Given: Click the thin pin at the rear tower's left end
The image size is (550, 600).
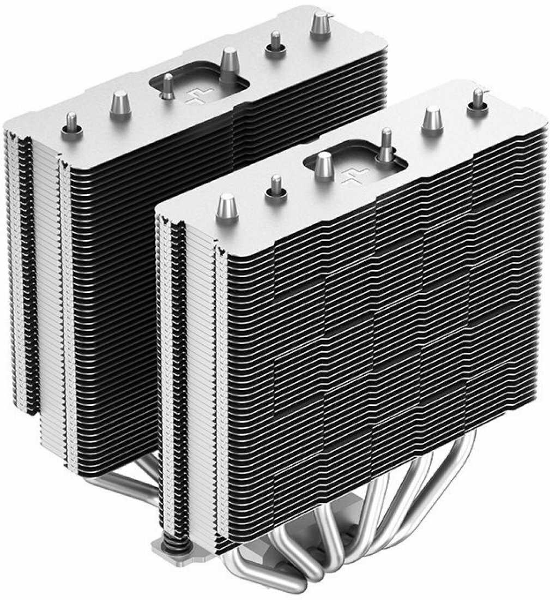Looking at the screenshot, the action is coord(71,123).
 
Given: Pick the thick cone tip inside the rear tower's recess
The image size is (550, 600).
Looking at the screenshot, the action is coord(229,63).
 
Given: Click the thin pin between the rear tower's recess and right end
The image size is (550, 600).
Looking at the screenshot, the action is coord(276,43).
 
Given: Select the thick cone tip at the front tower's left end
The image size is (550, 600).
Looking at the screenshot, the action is coord(227,207).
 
